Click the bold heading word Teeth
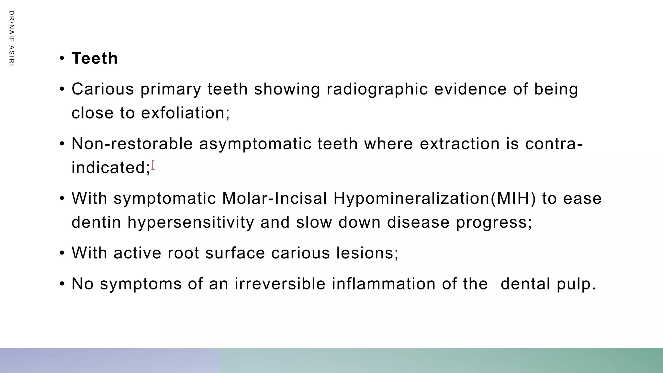point(95,59)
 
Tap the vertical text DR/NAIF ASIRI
point(12,38)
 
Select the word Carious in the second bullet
point(103,89)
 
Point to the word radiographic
point(377,89)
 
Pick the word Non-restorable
point(132,144)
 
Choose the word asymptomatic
point(255,144)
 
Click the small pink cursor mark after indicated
point(153,165)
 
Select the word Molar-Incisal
point(275,198)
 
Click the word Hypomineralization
point(411,198)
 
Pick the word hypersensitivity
point(191,222)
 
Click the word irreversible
point(280,284)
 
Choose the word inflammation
point(384,284)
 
